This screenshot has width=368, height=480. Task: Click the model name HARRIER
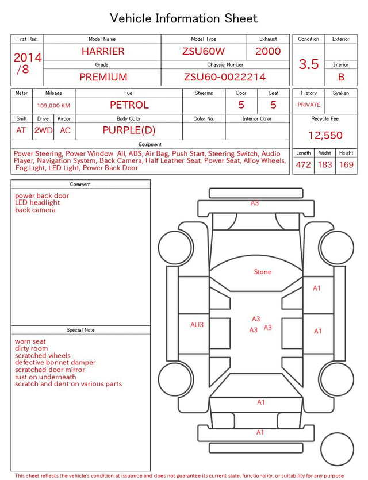tap(103, 51)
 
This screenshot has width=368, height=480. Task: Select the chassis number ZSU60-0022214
tap(225, 77)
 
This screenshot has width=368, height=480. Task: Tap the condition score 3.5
tap(309, 64)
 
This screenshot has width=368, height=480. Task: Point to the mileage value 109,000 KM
tap(53, 106)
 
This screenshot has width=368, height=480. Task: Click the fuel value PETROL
tap(129, 105)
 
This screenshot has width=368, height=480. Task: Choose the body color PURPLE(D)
tap(129, 130)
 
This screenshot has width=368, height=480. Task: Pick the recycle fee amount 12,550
tap(325, 135)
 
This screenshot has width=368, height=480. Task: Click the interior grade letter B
tap(341, 77)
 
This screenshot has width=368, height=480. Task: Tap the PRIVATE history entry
tap(309, 105)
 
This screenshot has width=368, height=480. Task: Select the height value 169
tap(346, 164)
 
